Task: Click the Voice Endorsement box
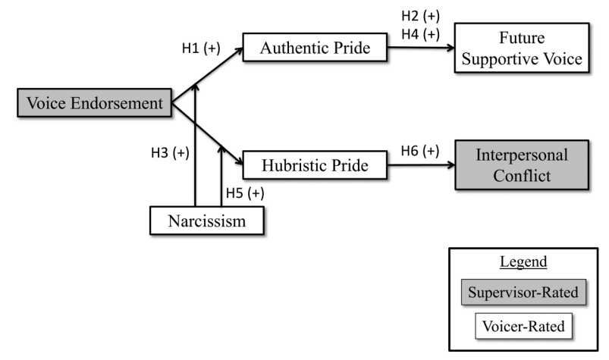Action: (96, 104)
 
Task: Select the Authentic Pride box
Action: (314, 49)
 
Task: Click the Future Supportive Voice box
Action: (521, 47)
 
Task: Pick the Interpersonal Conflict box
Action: (521, 164)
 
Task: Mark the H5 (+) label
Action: (244, 193)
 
